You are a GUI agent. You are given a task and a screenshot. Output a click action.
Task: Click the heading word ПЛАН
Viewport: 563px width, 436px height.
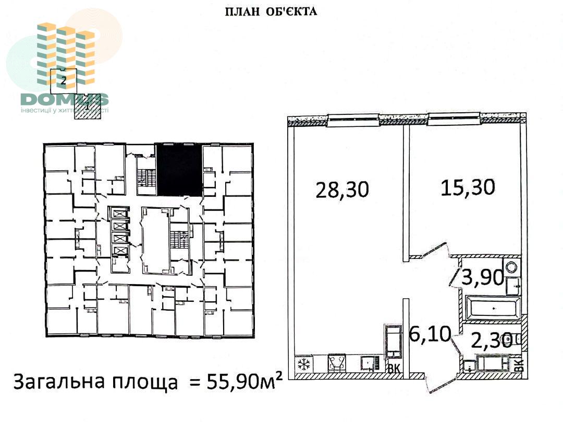(x=242, y=11)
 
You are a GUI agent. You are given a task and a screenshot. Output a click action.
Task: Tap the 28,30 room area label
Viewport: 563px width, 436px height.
(x=342, y=190)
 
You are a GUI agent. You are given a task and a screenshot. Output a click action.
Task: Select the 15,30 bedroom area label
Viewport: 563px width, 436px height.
(x=468, y=187)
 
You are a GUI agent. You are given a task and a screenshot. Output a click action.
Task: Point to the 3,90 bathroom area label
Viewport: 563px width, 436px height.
(x=483, y=277)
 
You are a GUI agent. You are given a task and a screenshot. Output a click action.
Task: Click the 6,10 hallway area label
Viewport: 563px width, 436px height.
(x=430, y=334)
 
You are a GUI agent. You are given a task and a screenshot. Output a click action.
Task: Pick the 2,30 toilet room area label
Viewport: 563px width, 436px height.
(x=492, y=340)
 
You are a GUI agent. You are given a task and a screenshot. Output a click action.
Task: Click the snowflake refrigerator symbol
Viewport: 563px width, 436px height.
(x=304, y=364)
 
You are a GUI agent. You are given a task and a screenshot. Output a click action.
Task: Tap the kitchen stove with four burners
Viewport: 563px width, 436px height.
(x=336, y=363)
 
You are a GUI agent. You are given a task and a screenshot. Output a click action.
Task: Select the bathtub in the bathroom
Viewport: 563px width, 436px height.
(x=493, y=308)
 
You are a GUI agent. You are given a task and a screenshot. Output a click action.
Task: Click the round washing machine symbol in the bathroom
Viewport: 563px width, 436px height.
(x=511, y=267)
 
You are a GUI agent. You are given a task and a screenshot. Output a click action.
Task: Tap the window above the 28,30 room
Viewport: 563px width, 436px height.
(x=353, y=120)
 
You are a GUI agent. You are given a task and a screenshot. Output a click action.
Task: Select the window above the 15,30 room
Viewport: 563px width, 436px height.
(x=454, y=119)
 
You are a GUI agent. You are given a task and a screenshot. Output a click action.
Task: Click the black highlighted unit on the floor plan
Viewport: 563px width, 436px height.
(x=179, y=170)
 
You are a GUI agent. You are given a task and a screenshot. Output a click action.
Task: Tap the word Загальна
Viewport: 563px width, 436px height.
(x=59, y=382)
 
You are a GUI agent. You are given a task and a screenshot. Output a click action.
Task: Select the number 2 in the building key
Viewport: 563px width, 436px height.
(x=64, y=80)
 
